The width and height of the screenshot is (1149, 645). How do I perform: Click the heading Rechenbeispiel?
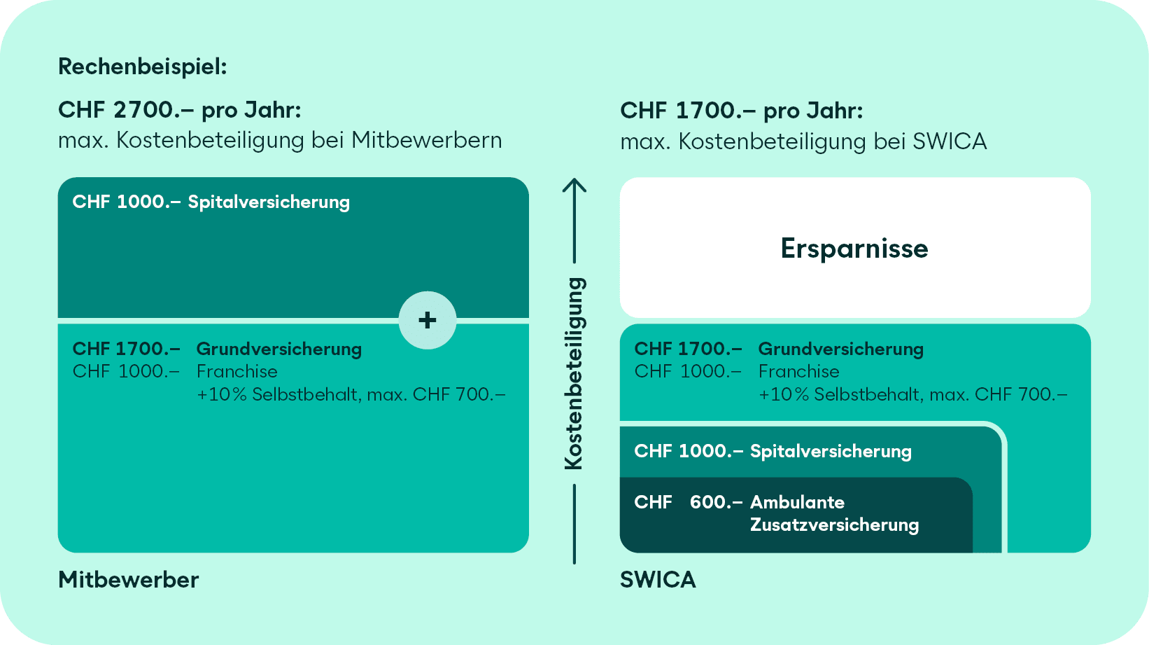(142, 67)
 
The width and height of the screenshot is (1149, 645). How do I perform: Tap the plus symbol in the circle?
(428, 320)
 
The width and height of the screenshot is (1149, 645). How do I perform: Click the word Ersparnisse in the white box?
(854, 249)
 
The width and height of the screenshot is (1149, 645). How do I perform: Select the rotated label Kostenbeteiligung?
(574, 373)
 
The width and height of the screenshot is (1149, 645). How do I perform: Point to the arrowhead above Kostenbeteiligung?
(574, 186)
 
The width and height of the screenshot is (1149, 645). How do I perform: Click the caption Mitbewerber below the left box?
(128, 580)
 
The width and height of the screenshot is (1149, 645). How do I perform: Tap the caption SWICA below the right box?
(658, 580)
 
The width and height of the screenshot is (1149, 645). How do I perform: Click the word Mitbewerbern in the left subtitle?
(426, 140)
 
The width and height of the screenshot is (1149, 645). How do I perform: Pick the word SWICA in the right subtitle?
(950, 141)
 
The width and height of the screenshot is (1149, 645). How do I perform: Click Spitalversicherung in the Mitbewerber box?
(269, 202)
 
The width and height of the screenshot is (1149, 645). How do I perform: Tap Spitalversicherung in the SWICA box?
(831, 452)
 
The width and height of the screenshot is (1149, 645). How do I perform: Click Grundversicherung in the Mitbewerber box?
(279, 349)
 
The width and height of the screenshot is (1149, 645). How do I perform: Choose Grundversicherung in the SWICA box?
(840, 349)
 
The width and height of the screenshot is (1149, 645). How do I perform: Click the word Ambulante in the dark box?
(797, 502)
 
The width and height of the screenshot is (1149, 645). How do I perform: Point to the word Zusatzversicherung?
(834, 525)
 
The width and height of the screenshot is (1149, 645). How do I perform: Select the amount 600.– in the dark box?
(715, 502)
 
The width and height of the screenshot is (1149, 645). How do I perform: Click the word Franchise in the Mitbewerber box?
(237, 371)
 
